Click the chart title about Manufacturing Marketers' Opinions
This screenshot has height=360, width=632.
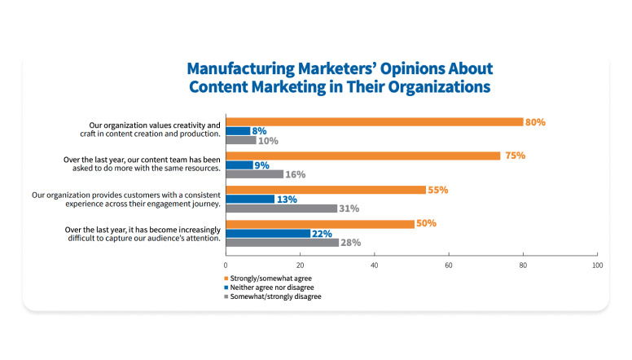click(340, 77)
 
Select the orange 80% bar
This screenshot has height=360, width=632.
click(374, 121)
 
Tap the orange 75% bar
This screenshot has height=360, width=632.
click(362, 156)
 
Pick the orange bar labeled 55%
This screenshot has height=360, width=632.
click(326, 190)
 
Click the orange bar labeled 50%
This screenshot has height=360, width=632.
click(319, 224)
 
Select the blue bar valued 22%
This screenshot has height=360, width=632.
click(267, 234)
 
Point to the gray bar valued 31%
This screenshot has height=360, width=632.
click(281, 209)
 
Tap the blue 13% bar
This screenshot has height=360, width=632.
click(250, 200)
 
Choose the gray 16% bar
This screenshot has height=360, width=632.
click(254, 174)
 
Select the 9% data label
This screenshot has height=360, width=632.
click(263, 165)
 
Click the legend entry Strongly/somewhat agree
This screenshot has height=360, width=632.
click(274, 279)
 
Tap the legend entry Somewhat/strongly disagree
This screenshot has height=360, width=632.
click(278, 296)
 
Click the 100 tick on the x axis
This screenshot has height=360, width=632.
click(597, 266)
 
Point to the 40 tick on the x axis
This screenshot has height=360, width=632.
click(375, 266)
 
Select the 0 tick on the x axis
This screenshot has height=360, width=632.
click(226, 266)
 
